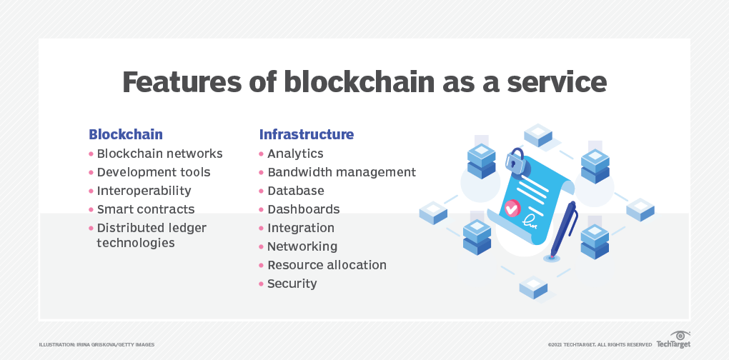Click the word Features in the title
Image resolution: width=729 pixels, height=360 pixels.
tap(182, 82)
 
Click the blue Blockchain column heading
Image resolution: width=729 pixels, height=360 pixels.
tap(126, 134)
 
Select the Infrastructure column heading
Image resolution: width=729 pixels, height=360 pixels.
tap(307, 134)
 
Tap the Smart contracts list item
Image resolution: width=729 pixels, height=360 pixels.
tap(146, 209)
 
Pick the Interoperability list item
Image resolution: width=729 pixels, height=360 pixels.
tap(144, 191)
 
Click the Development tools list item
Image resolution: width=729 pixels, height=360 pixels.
tap(154, 172)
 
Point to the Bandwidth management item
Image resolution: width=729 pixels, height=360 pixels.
tap(342, 172)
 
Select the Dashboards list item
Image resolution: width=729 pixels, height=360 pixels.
tap(304, 209)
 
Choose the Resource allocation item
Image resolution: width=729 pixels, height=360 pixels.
tap(327, 265)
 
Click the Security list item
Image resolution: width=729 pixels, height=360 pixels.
tap(292, 284)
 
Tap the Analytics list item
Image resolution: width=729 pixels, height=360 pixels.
tap(295, 154)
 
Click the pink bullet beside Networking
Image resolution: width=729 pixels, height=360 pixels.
tap(262, 246)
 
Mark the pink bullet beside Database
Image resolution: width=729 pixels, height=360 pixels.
tap(262, 191)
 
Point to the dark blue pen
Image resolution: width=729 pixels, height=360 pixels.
tap(563, 229)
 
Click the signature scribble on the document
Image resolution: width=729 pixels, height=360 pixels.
tap(530, 221)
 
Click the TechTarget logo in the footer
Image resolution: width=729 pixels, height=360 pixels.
tap(673, 340)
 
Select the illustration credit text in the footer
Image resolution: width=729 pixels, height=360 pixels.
tap(96, 345)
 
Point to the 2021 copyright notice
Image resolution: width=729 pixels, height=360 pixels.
tap(600, 345)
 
